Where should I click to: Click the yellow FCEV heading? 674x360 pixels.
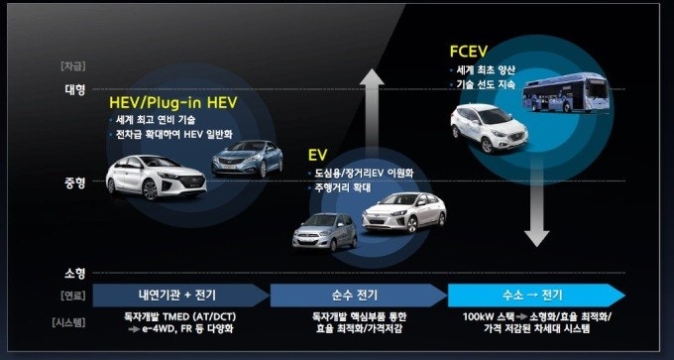[469, 52]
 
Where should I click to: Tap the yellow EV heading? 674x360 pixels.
[317, 155]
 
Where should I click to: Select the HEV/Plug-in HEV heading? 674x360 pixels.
[172, 102]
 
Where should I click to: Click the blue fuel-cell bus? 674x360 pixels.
[566, 93]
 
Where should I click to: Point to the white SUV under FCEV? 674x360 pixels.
[490, 128]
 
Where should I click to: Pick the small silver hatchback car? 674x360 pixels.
[324, 232]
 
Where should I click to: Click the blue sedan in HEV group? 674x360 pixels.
[247, 159]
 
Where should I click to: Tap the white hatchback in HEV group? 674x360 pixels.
[156, 178]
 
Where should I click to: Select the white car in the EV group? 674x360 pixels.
[404, 212]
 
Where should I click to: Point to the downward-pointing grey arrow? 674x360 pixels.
[536, 202]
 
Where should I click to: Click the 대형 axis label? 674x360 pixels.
[75, 90]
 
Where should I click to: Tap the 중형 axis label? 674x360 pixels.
[75, 183]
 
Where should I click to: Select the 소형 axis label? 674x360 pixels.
[75, 273]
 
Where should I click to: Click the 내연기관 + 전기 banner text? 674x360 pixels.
[177, 296]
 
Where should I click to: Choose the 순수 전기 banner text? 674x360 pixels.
[355, 296]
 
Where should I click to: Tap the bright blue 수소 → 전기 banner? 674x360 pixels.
[536, 296]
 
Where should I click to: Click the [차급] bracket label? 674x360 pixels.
[73, 66]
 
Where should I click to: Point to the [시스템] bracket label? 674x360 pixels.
[68, 322]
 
